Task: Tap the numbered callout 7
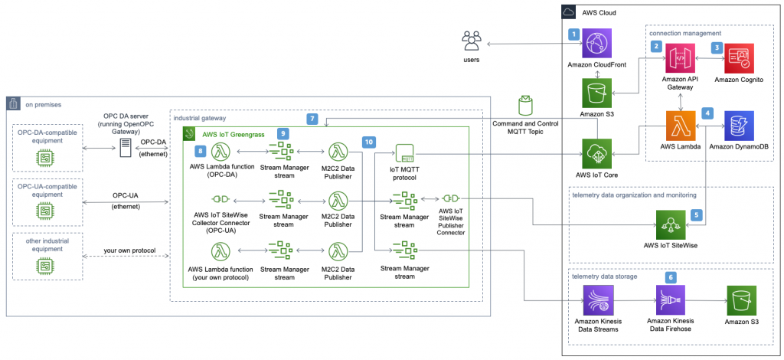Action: (x=312, y=119)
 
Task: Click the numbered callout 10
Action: (x=370, y=142)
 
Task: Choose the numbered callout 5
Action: (x=696, y=215)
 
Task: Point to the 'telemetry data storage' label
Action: (x=606, y=276)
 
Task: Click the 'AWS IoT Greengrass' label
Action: (x=233, y=134)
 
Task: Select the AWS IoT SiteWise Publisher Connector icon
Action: (x=449, y=198)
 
